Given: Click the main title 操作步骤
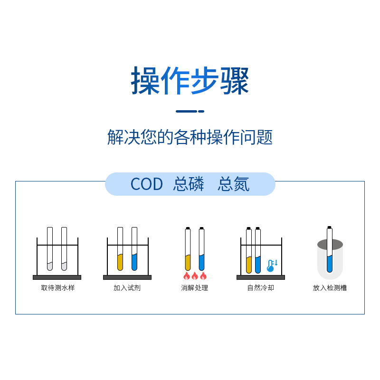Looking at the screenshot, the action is tap(190, 81).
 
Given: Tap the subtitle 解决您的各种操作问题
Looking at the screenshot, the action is tap(190, 137).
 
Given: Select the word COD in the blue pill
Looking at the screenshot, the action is tap(146, 184).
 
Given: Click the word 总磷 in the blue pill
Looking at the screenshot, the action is tap(189, 184).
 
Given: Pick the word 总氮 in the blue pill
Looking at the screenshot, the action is tap(233, 184).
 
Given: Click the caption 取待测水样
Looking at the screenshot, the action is tap(57, 288).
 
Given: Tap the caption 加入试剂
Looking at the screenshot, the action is tap(127, 288).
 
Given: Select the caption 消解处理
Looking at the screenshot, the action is tap(194, 288).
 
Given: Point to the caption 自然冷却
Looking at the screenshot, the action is tap(261, 288).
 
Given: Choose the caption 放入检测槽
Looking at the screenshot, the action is tap(330, 288).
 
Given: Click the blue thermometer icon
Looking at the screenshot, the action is tap(271, 266).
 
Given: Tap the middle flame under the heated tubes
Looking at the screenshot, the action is tap(195, 276).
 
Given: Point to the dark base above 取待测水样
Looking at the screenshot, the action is tap(57, 277).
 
